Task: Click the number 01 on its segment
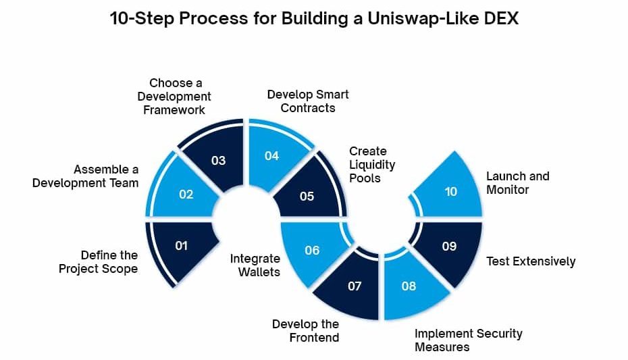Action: click(182, 245)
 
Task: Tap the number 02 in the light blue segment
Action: click(186, 195)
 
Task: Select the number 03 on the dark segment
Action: click(219, 161)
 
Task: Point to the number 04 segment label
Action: click(271, 156)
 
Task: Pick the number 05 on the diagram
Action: click(307, 197)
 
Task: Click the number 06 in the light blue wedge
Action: click(312, 251)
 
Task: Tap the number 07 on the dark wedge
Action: click(355, 286)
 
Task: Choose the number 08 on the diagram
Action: click(409, 286)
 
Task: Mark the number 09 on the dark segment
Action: click(449, 247)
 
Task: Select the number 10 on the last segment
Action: click(451, 192)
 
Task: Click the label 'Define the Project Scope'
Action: click(98, 262)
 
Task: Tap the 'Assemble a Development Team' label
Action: click(85, 176)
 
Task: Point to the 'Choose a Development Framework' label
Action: click(174, 97)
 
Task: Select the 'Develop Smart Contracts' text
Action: click(308, 101)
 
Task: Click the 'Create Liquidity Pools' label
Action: click(372, 165)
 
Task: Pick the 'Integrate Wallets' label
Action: click(255, 265)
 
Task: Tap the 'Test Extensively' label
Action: click(531, 261)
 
